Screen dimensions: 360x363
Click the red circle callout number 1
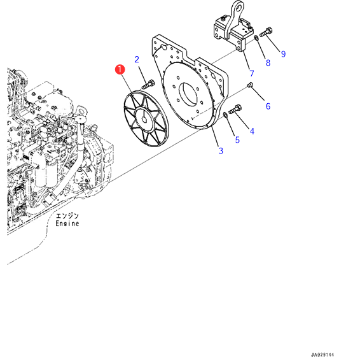pos(120,69)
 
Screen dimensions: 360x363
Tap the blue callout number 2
pos(137,59)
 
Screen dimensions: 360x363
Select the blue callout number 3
pos(221,151)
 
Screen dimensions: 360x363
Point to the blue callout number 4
pos(252,131)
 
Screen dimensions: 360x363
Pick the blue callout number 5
pos(237,140)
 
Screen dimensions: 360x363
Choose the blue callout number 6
pos(268,106)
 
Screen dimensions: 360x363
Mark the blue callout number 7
pos(252,73)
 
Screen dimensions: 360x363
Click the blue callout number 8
pos(268,62)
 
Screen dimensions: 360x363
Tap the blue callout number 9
pos(283,54)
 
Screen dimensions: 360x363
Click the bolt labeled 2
pos(148,84)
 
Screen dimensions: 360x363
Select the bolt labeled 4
pos(235,109)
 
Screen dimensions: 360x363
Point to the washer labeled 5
pos(225,114)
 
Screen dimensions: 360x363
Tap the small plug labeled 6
pos(250,85)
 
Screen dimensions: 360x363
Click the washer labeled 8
pos(256,38)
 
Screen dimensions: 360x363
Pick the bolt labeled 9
pos(267,32)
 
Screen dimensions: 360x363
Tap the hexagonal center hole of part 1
pos(144,120)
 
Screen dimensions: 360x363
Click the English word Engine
pos(67,224)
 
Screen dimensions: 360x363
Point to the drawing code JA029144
pos(322,355)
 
